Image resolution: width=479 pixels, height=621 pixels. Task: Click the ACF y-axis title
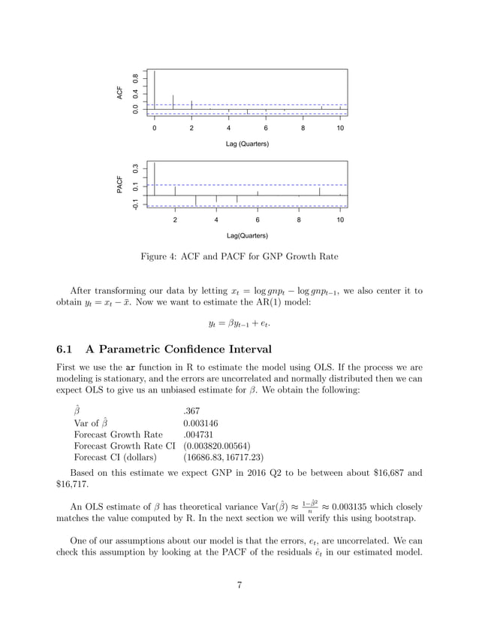119,92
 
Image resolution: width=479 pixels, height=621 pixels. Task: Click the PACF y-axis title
119,185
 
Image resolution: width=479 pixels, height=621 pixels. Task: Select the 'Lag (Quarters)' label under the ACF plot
247,143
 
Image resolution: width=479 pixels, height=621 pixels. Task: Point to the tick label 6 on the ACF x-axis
266,129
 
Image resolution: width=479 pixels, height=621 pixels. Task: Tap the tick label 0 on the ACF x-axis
155,129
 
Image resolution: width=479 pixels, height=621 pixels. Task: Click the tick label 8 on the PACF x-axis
299,220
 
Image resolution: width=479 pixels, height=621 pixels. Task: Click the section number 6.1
66,349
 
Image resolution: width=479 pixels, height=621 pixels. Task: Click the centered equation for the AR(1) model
239,324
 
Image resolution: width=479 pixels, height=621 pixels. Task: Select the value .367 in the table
191,411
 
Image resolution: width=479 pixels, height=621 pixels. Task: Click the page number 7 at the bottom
239,586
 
